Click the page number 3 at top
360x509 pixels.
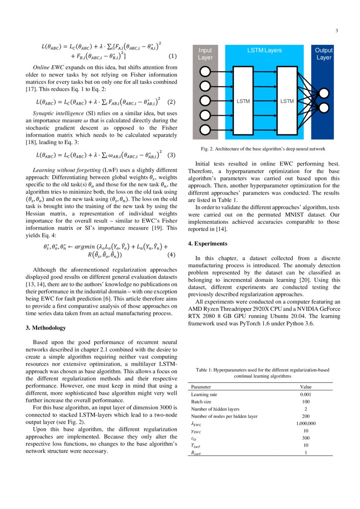(x=336, y=30)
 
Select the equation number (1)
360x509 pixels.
(x=172, y=56)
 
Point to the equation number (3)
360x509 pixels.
(x=171, y=155)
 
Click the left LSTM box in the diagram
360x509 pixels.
(x=243, y=101)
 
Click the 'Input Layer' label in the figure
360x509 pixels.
(x=205, y=54)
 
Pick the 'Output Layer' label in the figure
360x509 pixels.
(x=323, y=54)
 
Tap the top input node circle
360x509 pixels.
(x=205, y=71)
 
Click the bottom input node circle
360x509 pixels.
(x=205, y=129)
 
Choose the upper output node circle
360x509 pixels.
(x=324, y=93)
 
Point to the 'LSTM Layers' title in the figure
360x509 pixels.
(x=264, y=51)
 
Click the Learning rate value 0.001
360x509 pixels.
(x=305, y=394)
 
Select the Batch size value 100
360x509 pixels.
(x=305, y=402)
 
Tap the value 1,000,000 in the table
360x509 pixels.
(x=305, y=423)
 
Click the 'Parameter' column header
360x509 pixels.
(x=201, y=387)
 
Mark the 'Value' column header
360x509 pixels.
(x=306, y=387)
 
